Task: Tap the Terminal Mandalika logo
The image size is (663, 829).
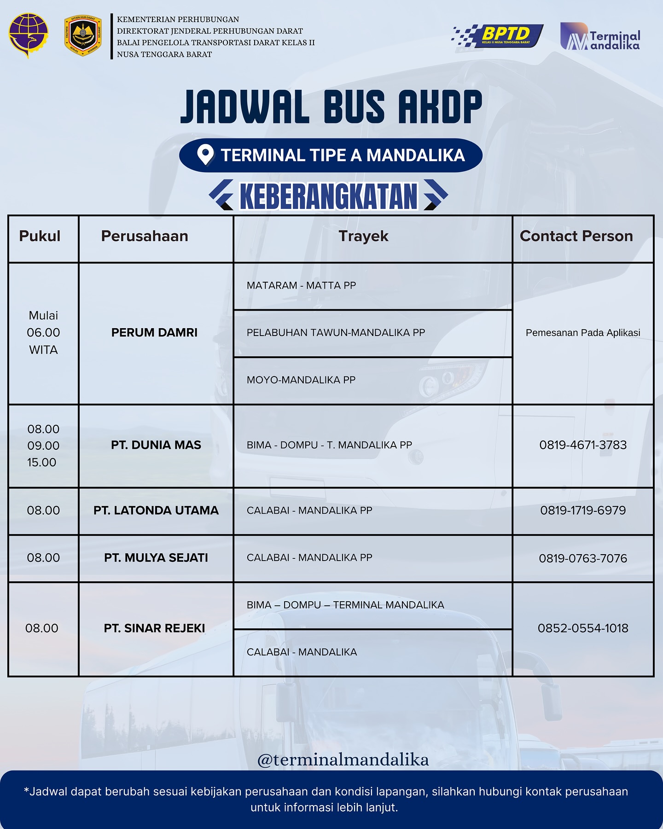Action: click(x=600, y=36)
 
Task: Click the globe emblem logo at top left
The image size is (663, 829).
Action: click(x=28, y=35)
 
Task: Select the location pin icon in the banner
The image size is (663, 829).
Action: click(x=205, y=155)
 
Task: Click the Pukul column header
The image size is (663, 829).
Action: click(x=40, y=236)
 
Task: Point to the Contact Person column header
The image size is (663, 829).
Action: click(x=576, y=236)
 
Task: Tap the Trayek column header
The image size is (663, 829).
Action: click(x=363, y=236)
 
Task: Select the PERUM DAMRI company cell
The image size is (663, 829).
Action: click(x=154, y=332)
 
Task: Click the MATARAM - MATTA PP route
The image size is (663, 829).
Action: click(x=301, y=285)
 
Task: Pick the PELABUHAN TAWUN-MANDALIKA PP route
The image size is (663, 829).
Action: click(x=336, y=332)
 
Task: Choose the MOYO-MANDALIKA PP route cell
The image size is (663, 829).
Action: click(x=301, y=380)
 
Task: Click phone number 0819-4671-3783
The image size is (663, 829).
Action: click(x=583, y=445)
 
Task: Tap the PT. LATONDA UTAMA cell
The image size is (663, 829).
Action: click(x=156, y=510)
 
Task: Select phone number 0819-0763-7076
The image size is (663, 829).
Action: click(x=583, y=558)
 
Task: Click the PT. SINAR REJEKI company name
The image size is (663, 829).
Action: click(x=154, y=628)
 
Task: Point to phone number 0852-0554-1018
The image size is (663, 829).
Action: click(x=583, y=628)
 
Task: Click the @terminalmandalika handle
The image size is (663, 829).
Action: click(x=343, y=759)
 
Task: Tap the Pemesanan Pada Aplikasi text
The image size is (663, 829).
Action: click(x=583, y=333)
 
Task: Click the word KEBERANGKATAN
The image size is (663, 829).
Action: click(x=329, y=197)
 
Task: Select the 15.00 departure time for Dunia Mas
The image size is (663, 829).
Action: click(x=41, y=462)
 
